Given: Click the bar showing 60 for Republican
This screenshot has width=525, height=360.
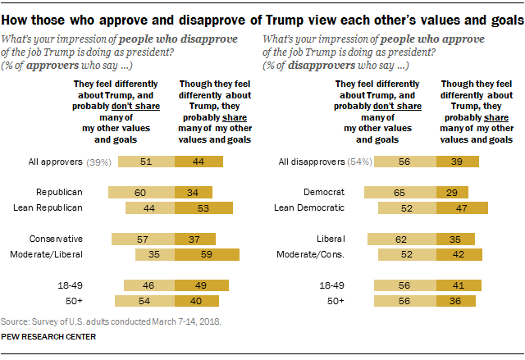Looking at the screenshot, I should click(x=142, y=192).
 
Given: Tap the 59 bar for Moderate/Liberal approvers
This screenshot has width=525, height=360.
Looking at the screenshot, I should click(x=207, y=254).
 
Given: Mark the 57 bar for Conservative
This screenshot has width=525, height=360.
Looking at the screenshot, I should click(x=144, y=239).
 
